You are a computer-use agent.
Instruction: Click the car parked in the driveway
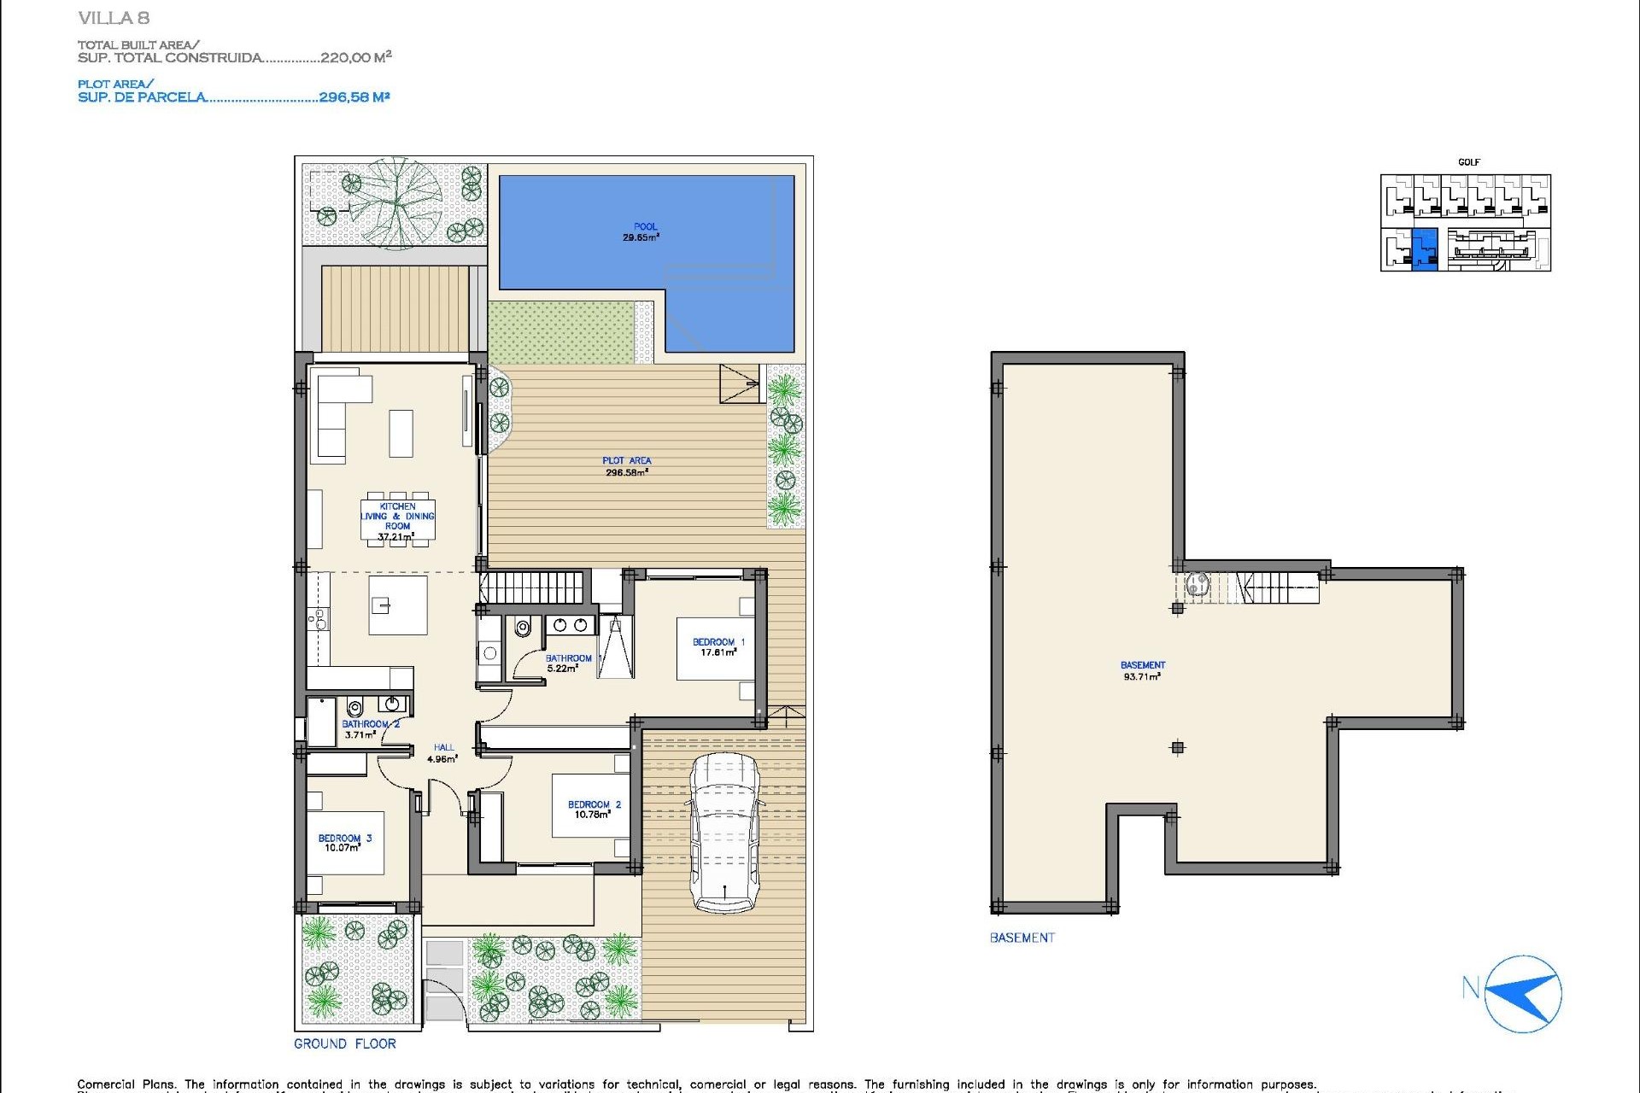point(724,833)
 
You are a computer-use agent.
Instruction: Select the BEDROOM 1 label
point(718,647)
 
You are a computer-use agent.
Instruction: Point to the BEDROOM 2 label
point(594,810)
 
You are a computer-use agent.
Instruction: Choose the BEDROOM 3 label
point(344,843)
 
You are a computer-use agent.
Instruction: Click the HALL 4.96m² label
point(442,753)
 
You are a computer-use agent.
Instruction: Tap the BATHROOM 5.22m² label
point(568,663)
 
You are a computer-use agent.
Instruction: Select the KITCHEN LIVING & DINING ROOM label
point(397,521)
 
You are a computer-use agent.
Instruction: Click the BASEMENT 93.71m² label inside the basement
point(1142,670)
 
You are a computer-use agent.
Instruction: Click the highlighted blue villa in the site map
point(1425,249)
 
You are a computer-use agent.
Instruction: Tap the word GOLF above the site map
point(1468,162)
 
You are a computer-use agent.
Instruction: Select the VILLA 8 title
point(114,18)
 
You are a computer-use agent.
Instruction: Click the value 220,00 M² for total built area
point(355,57)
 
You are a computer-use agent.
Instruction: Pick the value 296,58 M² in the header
point(354,97)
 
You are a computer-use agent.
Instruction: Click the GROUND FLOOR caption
point(345,1043)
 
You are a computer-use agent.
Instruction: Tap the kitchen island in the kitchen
point(398,605)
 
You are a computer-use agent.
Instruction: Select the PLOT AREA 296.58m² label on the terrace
point(626,466)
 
